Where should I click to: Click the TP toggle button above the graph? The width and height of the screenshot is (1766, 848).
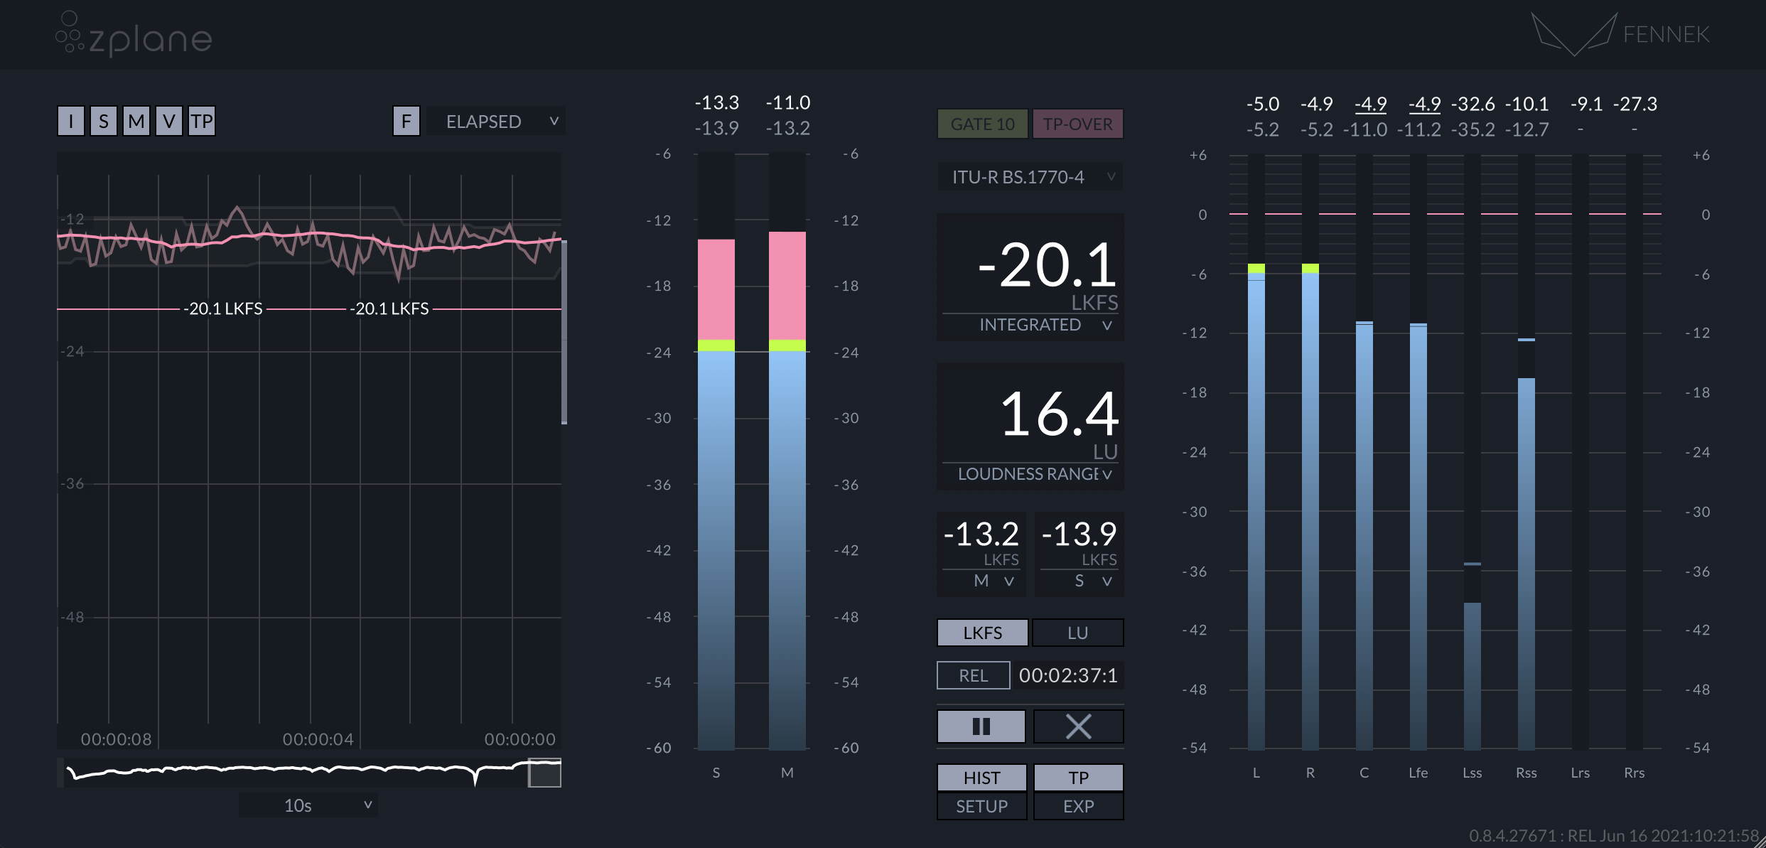[x=202, y=122]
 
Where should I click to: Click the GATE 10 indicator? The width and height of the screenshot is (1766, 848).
[x=982, y=124]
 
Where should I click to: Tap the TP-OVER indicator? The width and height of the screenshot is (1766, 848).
[x=1077, y=124]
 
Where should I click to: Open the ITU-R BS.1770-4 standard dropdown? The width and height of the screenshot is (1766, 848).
[x=1030, y=177]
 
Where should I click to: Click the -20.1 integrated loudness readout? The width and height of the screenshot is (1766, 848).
[x=1046, y=266]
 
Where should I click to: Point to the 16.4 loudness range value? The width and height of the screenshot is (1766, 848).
[x=1058, y=414]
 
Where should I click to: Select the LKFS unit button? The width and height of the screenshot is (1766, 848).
[x=982, y=633]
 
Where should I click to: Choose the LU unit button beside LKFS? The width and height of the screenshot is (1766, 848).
[x=1077, y=633]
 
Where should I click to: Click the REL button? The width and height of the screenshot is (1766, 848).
[x=973, y=675]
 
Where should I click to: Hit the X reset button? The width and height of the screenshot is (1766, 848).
[x=1077, y=726]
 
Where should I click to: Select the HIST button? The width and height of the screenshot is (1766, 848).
[x=981, y=778]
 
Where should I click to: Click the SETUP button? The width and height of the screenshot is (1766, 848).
[x=981, y=807]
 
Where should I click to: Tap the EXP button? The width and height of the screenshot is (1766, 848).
[x=1078, y=807]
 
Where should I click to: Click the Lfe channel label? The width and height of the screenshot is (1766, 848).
[x=1418, y=773]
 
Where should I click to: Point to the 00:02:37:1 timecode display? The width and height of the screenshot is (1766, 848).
[x=1067, y=675]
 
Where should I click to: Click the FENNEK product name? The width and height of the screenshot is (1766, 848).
[x=1666, y=34]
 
